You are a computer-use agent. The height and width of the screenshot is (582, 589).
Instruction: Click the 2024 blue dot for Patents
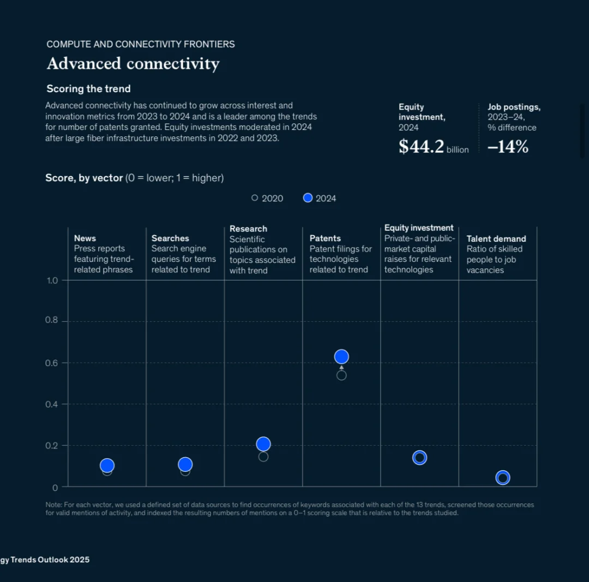341,357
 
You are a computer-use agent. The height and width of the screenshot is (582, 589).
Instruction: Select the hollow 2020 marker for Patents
341,375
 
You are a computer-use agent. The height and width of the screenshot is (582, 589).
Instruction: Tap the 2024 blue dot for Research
263,444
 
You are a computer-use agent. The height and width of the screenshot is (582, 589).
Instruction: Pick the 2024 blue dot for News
107,465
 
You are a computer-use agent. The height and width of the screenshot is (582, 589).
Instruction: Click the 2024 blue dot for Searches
185,464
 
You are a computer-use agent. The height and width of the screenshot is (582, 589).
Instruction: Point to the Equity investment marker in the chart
419,458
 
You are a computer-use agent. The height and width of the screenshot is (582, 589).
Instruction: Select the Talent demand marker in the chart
503,478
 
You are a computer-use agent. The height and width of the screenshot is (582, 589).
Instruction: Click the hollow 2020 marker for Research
263,457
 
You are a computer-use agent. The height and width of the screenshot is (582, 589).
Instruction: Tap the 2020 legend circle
255,198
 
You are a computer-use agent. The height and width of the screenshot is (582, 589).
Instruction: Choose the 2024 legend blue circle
308,198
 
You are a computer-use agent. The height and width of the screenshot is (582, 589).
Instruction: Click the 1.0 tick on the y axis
52,280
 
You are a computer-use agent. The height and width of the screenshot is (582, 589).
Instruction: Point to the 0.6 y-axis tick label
51,363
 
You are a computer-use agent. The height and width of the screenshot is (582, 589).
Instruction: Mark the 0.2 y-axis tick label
51,446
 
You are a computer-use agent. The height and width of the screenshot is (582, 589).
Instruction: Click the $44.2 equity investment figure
422,146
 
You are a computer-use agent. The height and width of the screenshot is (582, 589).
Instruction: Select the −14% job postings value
508,146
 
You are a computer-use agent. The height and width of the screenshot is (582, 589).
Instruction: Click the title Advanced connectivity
133,64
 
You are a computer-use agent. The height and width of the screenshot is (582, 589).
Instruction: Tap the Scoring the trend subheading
88,89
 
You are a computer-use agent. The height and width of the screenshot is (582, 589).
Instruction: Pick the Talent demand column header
496,238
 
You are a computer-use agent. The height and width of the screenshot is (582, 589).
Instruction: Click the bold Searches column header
170,238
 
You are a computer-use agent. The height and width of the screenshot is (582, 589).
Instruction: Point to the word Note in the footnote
53,505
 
